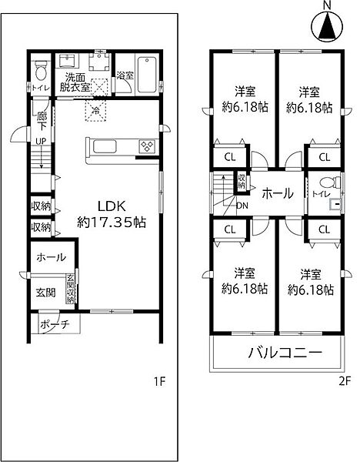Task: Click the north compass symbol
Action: (326, 27)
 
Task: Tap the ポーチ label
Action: (54, 324)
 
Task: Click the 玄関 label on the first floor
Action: (45, 293)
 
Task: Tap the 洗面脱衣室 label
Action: (77, 82)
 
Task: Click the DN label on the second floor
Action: (242, 206)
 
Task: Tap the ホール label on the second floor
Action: (276, 193)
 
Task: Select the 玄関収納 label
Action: (70, 290)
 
